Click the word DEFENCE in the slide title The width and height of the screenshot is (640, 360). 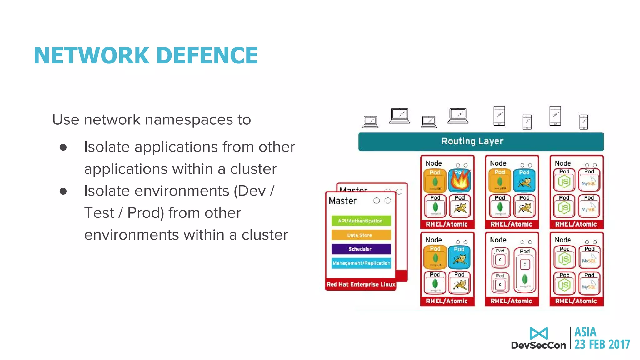(207, 56)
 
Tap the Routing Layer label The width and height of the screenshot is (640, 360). (472, 141)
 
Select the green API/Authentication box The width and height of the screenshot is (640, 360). (361, 221)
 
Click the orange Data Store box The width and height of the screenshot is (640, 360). (361, 235)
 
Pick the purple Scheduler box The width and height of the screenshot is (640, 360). (361, 249)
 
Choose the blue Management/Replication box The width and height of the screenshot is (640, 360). (361, 263)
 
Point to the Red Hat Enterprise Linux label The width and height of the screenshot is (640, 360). (361, 285)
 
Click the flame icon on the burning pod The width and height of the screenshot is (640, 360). (460, 181)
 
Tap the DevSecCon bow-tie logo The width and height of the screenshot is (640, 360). (539, 334)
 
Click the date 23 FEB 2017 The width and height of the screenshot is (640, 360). (602, 344)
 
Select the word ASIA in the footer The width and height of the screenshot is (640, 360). (585, 332)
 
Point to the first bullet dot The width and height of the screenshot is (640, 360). (63, 147)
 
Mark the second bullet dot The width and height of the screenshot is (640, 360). (63, 191)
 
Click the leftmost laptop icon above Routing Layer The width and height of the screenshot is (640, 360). (370, 122)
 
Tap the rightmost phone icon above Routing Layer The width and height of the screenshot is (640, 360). (583, 122)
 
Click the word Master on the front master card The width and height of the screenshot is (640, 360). (342, 201)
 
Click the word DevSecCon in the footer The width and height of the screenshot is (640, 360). (538, 345)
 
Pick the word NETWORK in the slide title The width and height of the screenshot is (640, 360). (92, 56)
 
